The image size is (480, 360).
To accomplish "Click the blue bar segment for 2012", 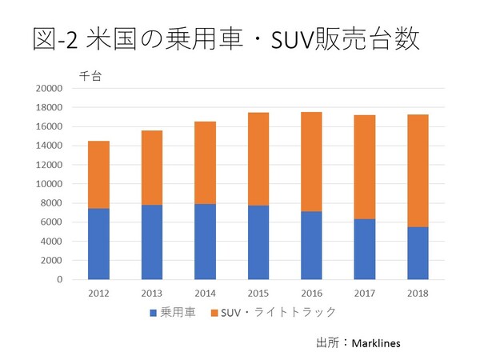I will coord(98,244).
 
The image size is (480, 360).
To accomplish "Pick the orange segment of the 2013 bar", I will coord(151,167).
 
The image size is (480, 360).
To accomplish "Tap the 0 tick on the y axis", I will coord(59,279).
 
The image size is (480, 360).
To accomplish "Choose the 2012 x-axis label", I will coord(98,293).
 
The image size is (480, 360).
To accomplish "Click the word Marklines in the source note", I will coord(372,342).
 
